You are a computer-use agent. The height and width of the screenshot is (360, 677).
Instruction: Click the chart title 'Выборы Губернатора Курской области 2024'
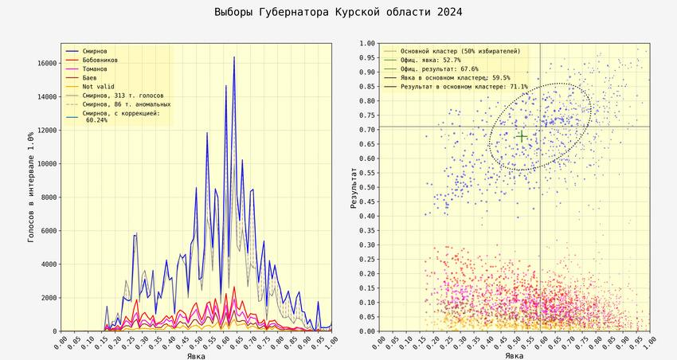(338, 13)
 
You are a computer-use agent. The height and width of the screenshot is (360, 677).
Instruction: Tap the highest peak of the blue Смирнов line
(234, 57)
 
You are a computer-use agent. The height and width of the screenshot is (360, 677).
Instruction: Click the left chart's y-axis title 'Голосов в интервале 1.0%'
(30, 187)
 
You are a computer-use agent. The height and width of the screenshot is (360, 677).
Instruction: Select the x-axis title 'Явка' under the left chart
(196, 355)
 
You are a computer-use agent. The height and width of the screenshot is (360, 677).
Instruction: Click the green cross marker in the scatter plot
(521, 137)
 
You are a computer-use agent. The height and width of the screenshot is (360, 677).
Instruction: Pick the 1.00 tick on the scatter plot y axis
(366, 44)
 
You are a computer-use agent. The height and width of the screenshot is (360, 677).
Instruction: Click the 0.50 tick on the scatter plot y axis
(366, 188)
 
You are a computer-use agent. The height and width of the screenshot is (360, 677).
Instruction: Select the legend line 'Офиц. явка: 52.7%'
(430, 61)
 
